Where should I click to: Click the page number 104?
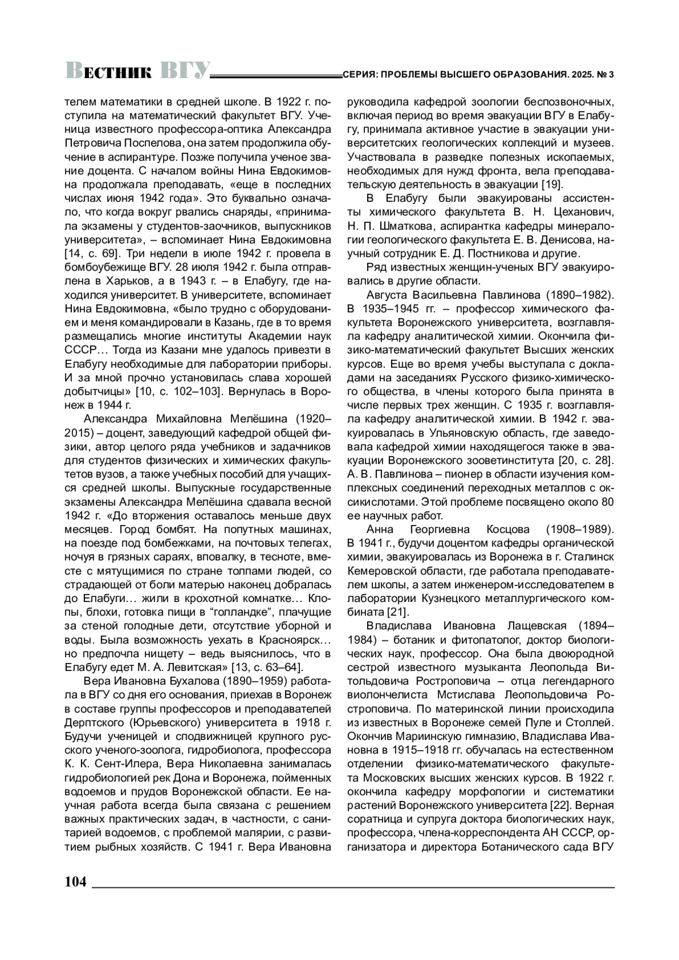click(75, 881)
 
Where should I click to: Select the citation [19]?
click(551, 184)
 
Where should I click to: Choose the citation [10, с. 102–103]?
click(182, 391)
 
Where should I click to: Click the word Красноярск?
click(289, 640)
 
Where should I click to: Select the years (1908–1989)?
click(579, 530)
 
